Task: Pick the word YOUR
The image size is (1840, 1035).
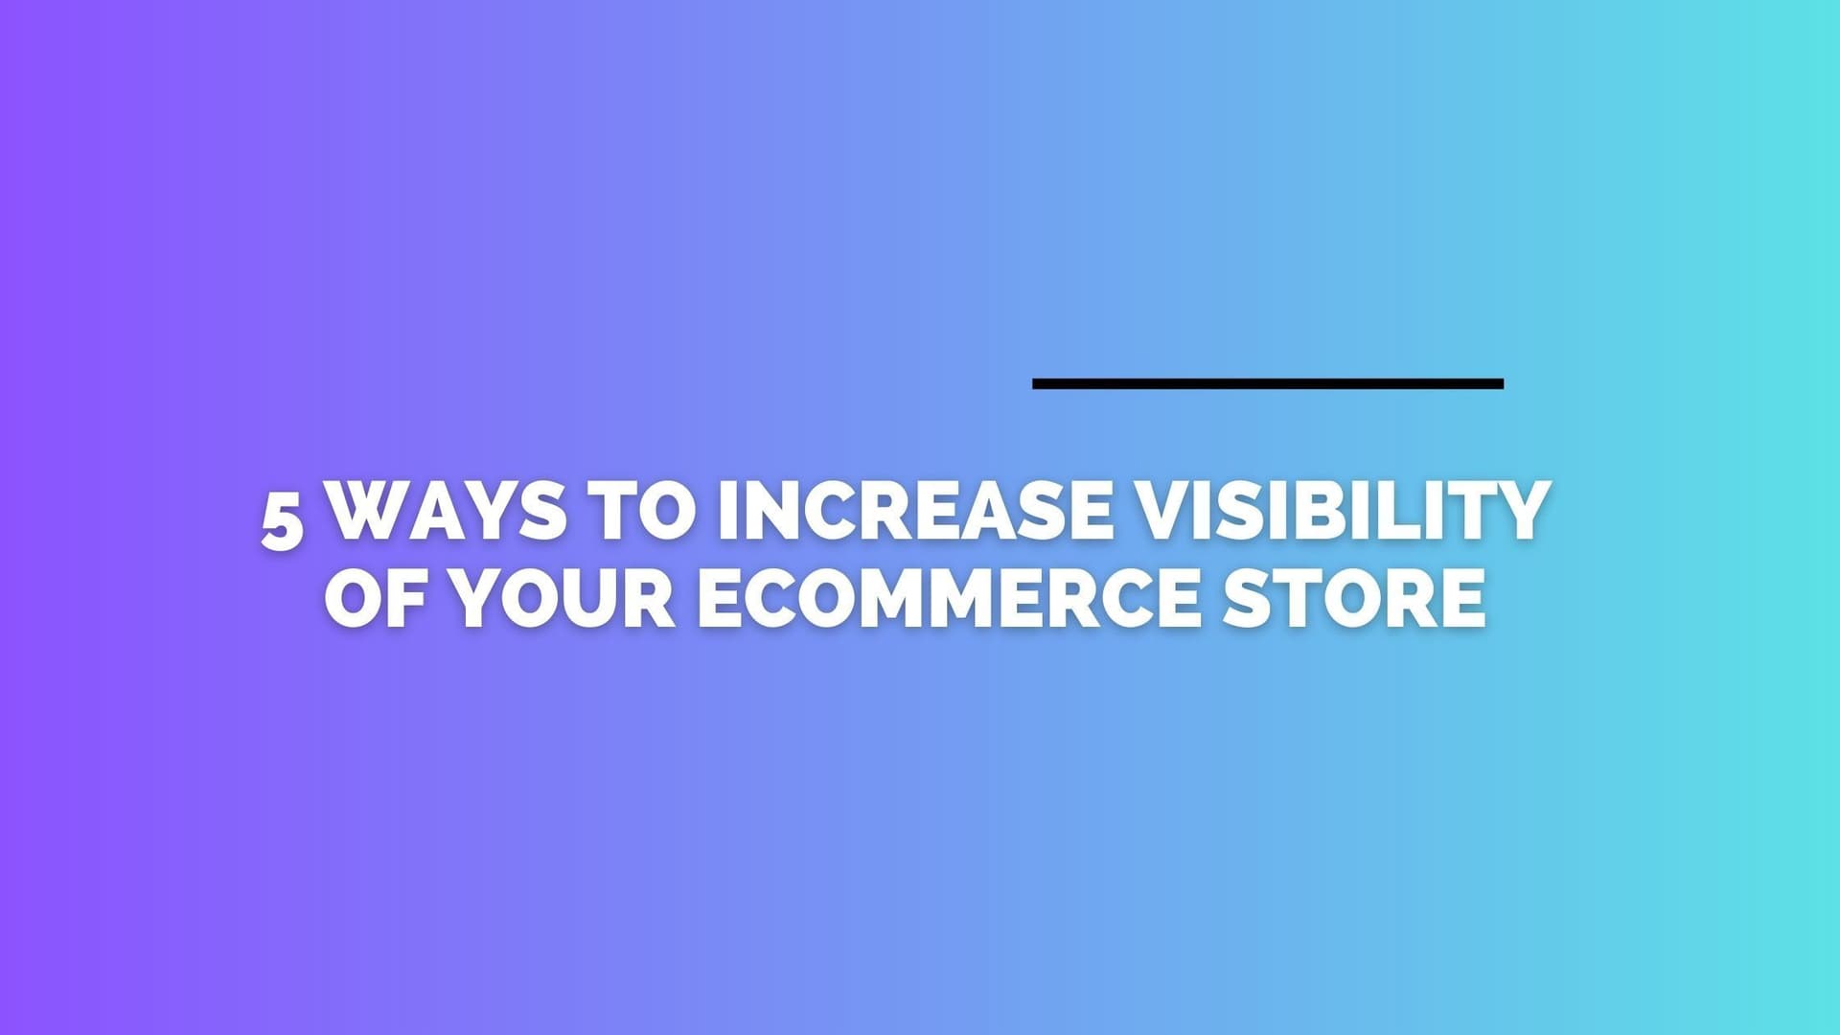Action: coord(563,598)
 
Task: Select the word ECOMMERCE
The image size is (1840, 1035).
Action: coord(949,598)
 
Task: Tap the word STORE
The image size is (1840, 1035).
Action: coord(1354,598)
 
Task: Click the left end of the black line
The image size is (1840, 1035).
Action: coord(1033,383)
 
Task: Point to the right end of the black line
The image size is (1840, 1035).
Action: coord(1503,383)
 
